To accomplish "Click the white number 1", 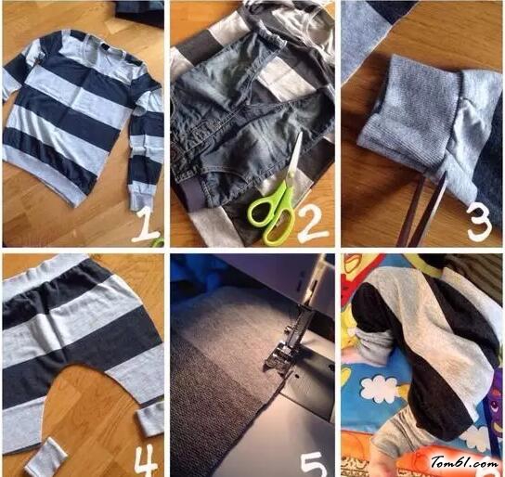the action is coord(145,226).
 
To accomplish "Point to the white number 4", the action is coord(146,462).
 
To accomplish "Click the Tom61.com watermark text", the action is coord(464,462).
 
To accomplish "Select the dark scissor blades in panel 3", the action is coord(421,209).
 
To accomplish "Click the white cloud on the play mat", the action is coord(379,388).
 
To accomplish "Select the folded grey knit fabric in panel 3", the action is coord(409,111).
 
